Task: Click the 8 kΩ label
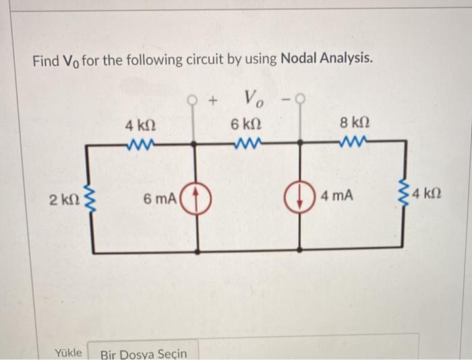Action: point(355,123)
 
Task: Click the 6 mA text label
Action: point(160,199)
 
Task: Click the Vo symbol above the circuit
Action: point(255,100)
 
